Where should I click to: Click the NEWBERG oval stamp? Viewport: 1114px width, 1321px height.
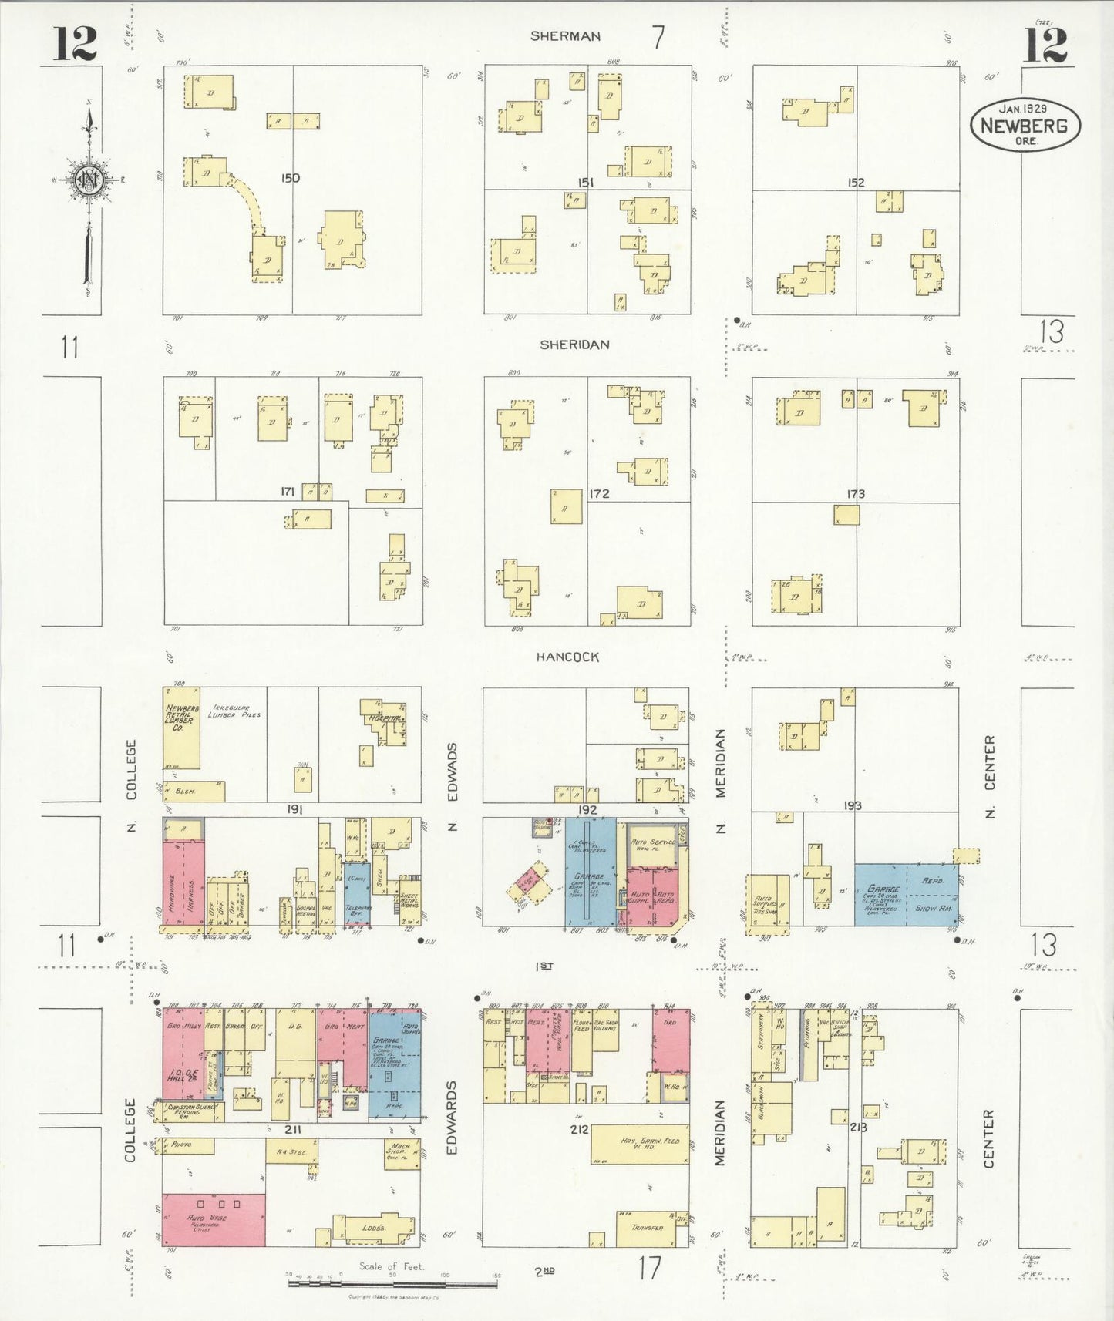pyautogui.click(x=1025, y=126)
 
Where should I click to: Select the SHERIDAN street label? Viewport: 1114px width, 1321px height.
pyautogui.click(x=574, y=345)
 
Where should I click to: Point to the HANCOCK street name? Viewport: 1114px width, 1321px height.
pyautogui.click(x=567, y=657)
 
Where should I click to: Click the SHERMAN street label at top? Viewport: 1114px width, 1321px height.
pyautogui.click(x=565, y=36)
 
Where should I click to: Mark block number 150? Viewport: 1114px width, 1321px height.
pyautogui.click(x=290, y=178)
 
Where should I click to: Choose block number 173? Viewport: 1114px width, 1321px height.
pyautogui.click(x=856, y=494)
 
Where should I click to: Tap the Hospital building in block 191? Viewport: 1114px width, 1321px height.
pyautogui.click(x=385, y=721)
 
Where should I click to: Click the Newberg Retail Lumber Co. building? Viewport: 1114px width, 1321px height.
pyautogui.click(x=181, y=727)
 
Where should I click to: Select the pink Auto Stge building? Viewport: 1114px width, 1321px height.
pyautogui.click(x=214, y=1220)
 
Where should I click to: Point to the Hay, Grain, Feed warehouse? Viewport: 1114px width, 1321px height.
pyautogui.click(x=640, y=1145)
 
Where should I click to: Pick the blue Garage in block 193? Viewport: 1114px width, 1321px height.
pyautogui.click(x=906, y=895)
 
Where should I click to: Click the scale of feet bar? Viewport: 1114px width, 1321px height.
pyautogui.click(x=392, y=1284)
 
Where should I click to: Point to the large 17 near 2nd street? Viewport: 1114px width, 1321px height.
pyautogui.click(x=649, y=1268)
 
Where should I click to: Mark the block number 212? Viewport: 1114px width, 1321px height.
pyautogui.click(x=579, y=1129)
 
